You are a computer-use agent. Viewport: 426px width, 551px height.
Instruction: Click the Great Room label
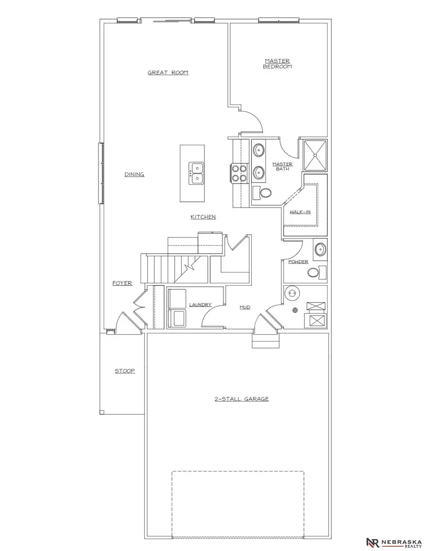pyautogui.click(x=168, y=73)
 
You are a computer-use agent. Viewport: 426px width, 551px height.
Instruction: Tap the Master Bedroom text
pyautogui.click(x=277, y=64)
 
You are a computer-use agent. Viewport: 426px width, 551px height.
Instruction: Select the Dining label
pyautogui.click(x=134, y=175)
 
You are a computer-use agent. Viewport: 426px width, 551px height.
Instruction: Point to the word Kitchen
pyautogui.click(x=203, y=217)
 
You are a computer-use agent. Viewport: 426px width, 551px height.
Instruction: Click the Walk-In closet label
pyautogui.click(x=301, y=212)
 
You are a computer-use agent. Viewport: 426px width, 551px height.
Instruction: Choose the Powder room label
pyautogui.click(x=298, y=262)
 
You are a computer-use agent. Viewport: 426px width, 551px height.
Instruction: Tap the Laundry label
pyautogui.click(x=200, y=305)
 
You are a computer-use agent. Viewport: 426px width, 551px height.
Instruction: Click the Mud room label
pyautogui.click(x=245, y=307)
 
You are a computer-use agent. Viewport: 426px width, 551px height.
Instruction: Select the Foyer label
pyautogui.click(x=122, y=283)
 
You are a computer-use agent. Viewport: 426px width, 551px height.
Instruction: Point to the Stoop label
pyautogui.click(x=125, y=371)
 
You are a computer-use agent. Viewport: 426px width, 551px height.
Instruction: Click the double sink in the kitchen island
pyautogui.click(x=196, y=173)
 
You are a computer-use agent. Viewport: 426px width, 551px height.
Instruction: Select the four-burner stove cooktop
pyautogui.click(x=239, y=173)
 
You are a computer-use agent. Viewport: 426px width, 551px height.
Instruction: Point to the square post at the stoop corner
pyautogui.click(x=102, y=412)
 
